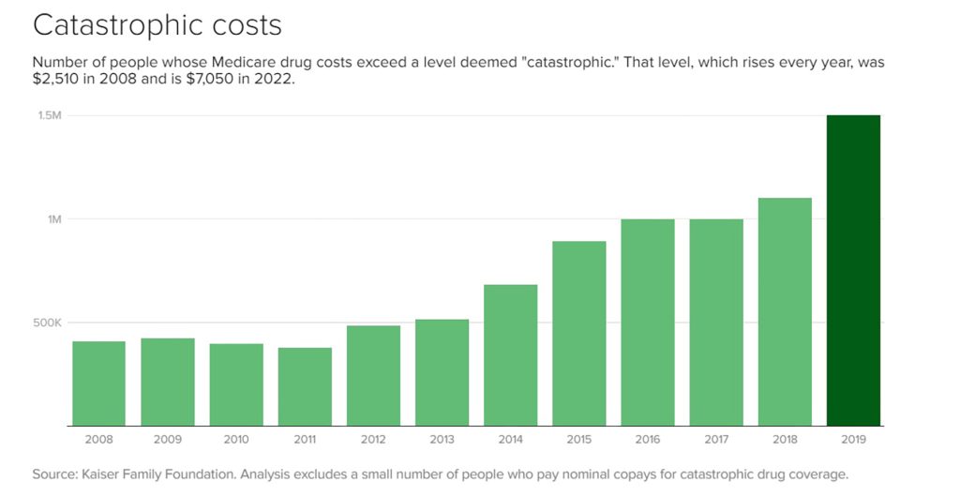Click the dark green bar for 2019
[853, 270]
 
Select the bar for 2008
[98, 383]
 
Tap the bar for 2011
[305, 386]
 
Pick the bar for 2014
[511, 355]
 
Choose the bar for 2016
[648, 323]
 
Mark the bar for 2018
[785, 311]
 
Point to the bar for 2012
[373, 375]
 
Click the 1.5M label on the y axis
[51, 115]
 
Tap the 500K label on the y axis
[47, 323]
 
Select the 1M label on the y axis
[54, 219]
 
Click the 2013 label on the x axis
[442, 439]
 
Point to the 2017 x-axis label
[716, 439]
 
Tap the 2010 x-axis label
[236, 439]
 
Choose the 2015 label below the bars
[579, 439]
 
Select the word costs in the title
[245, 26]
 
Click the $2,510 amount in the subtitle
[54, 80]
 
